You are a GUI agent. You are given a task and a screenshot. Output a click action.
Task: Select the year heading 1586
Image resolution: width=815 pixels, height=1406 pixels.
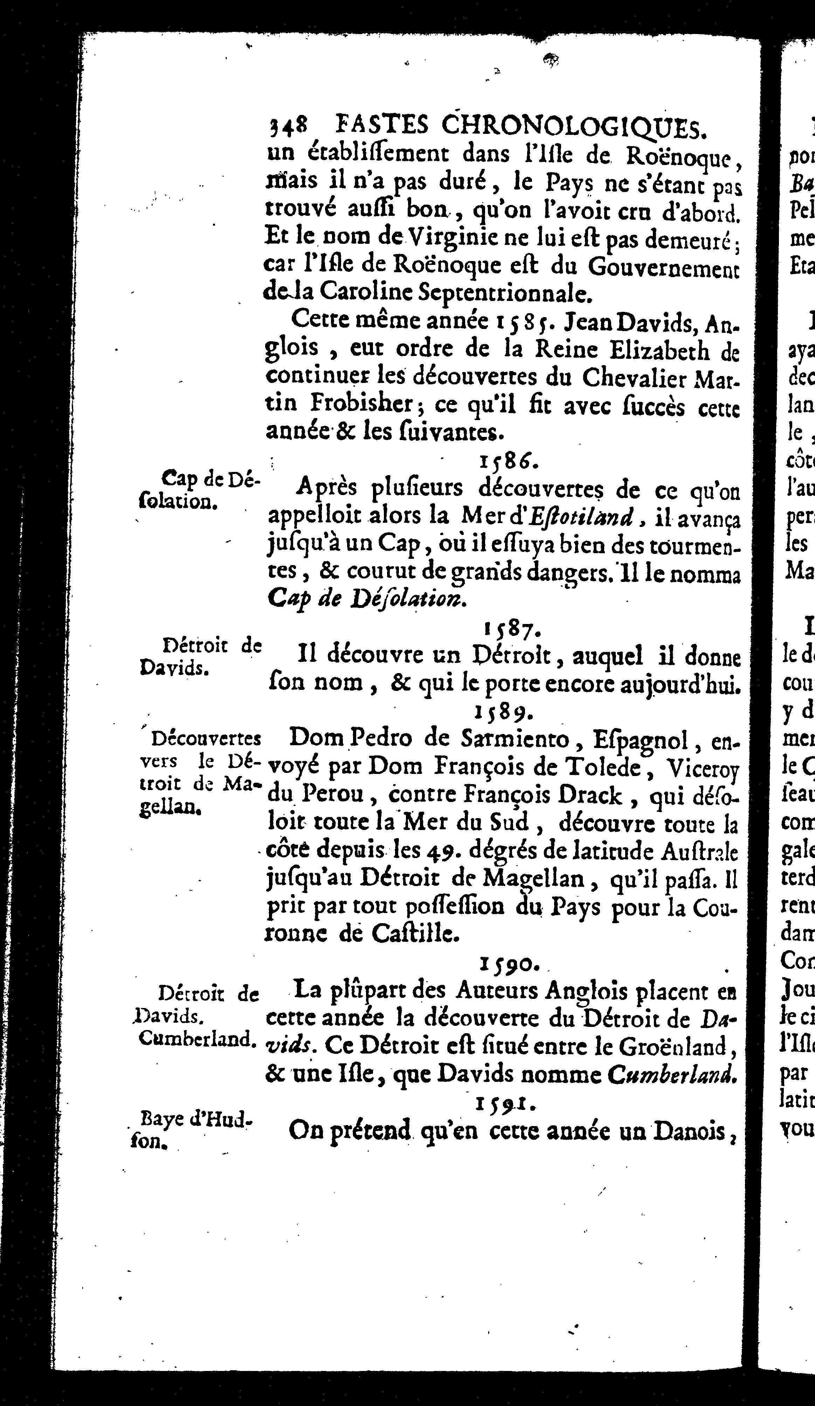tap(508, 461)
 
